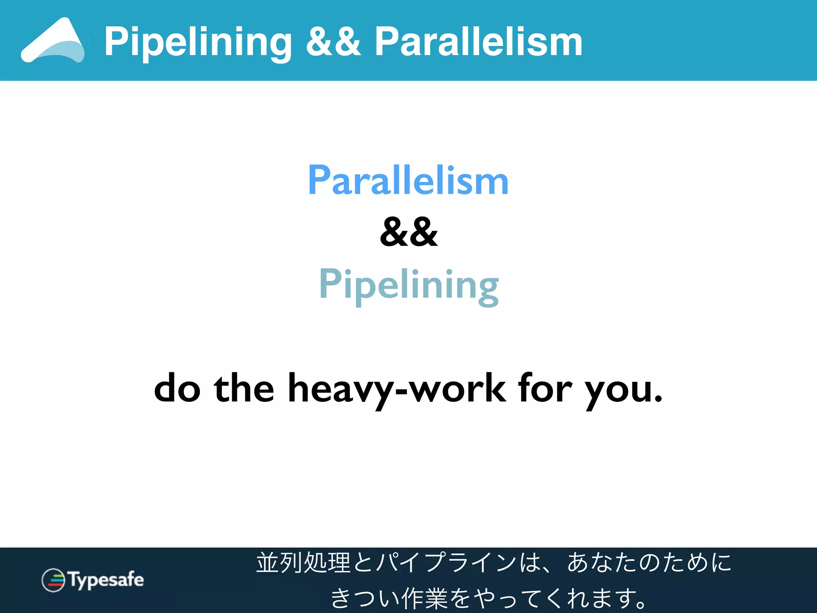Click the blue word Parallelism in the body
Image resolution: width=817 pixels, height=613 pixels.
point(408,180)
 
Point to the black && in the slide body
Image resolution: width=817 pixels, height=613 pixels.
point(408,232)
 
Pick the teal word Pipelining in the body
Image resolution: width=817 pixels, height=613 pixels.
point(408,285)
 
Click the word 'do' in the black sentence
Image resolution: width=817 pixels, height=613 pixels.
point(177,388)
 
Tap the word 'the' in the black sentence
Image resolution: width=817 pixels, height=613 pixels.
point(244,388)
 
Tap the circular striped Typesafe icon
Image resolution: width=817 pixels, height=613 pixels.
point(53,580)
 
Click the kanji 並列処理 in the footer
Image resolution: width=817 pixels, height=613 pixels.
point(303,563)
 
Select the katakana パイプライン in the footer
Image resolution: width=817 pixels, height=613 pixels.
point(447,563)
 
